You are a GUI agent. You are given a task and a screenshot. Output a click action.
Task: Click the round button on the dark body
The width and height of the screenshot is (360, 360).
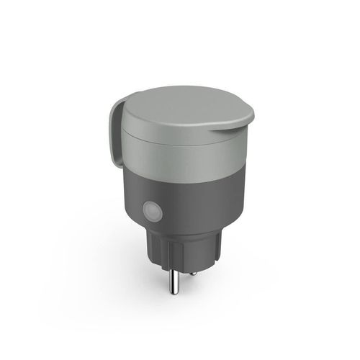153,213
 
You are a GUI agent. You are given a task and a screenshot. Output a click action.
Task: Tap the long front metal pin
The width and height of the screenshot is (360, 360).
174,284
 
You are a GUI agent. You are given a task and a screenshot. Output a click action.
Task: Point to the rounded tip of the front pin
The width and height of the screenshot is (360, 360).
174,302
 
